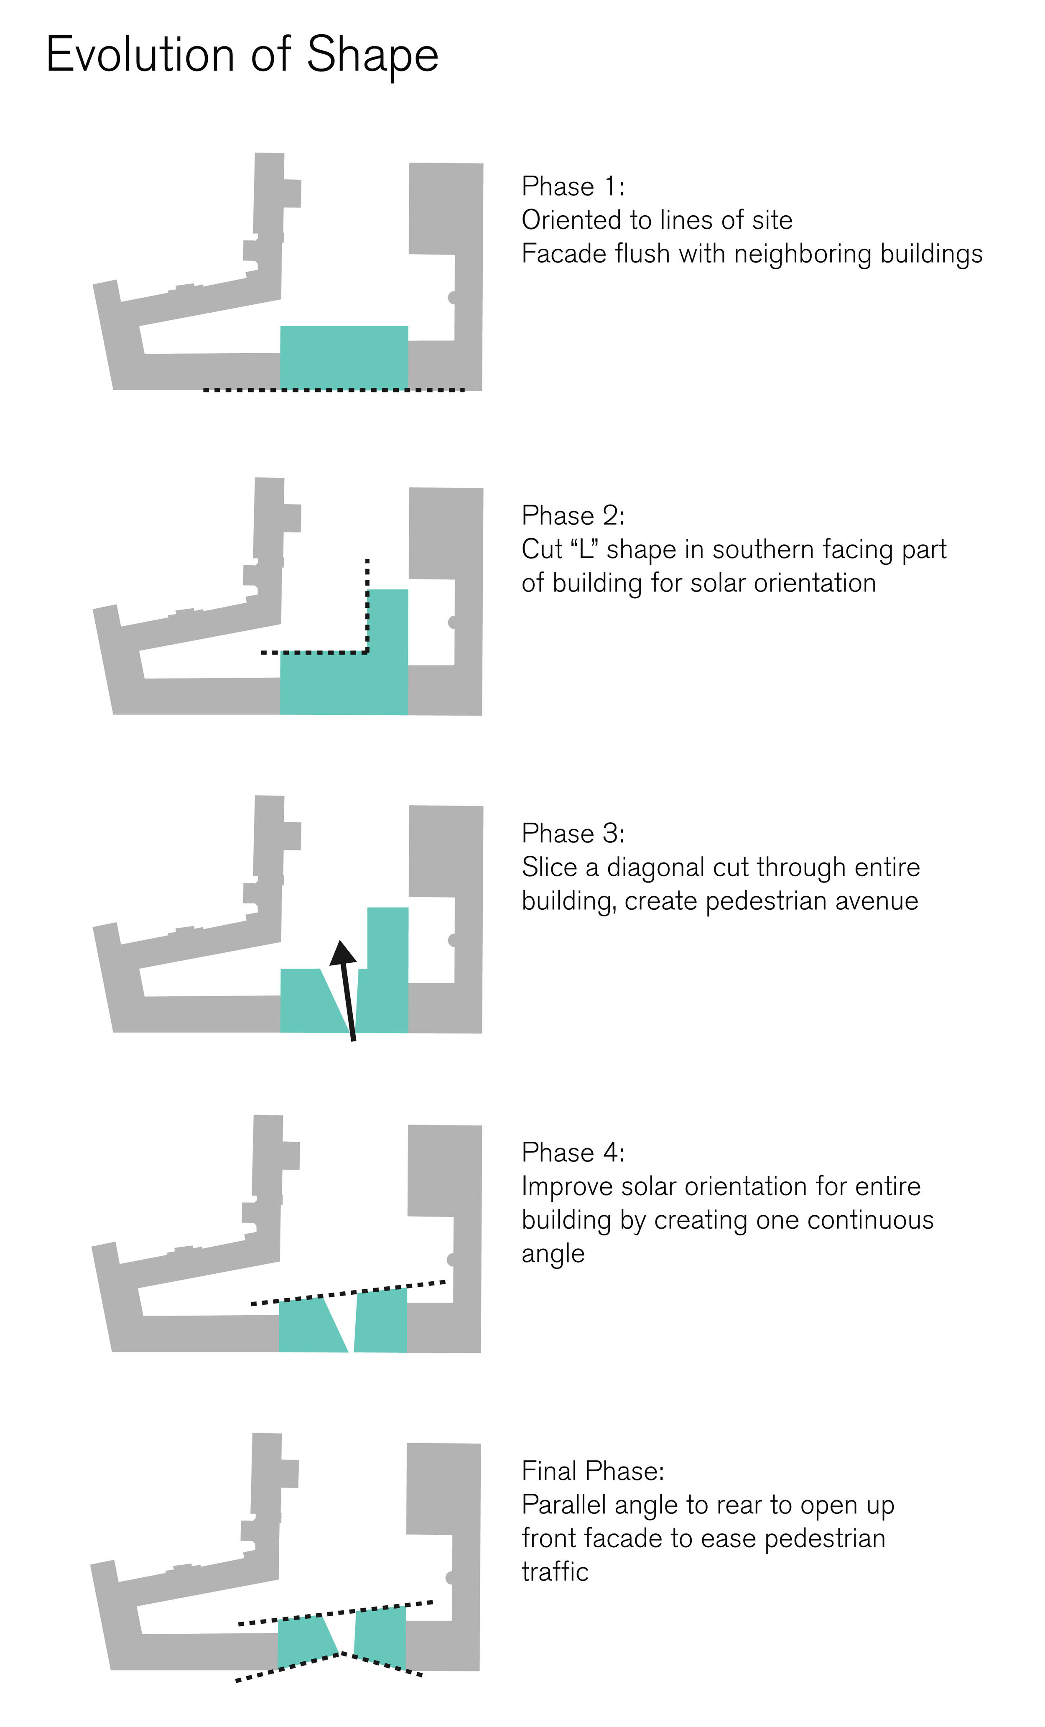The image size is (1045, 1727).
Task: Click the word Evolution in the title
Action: [140, 55]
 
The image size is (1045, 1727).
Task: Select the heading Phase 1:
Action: [573, 186]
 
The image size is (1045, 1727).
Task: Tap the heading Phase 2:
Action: [573, 516]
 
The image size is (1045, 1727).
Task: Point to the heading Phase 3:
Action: [573, 833]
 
